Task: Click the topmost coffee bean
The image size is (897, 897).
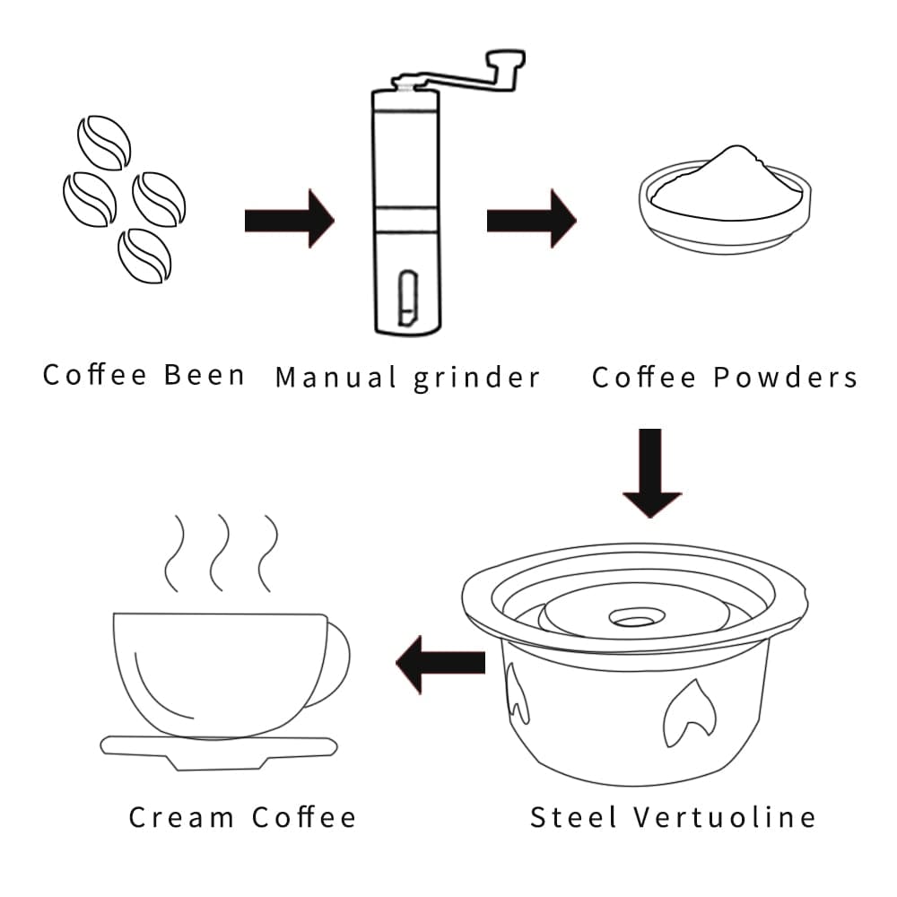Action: (104, 142)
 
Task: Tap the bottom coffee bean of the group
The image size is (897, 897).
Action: (144, 255)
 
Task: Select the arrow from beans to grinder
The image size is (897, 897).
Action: (289, 218)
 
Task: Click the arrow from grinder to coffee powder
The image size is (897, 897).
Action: (531, 218)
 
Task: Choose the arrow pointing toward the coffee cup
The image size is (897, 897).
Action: (440, 663)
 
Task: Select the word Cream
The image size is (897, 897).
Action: (182, 817)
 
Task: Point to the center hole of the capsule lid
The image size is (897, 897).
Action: (634, 619)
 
